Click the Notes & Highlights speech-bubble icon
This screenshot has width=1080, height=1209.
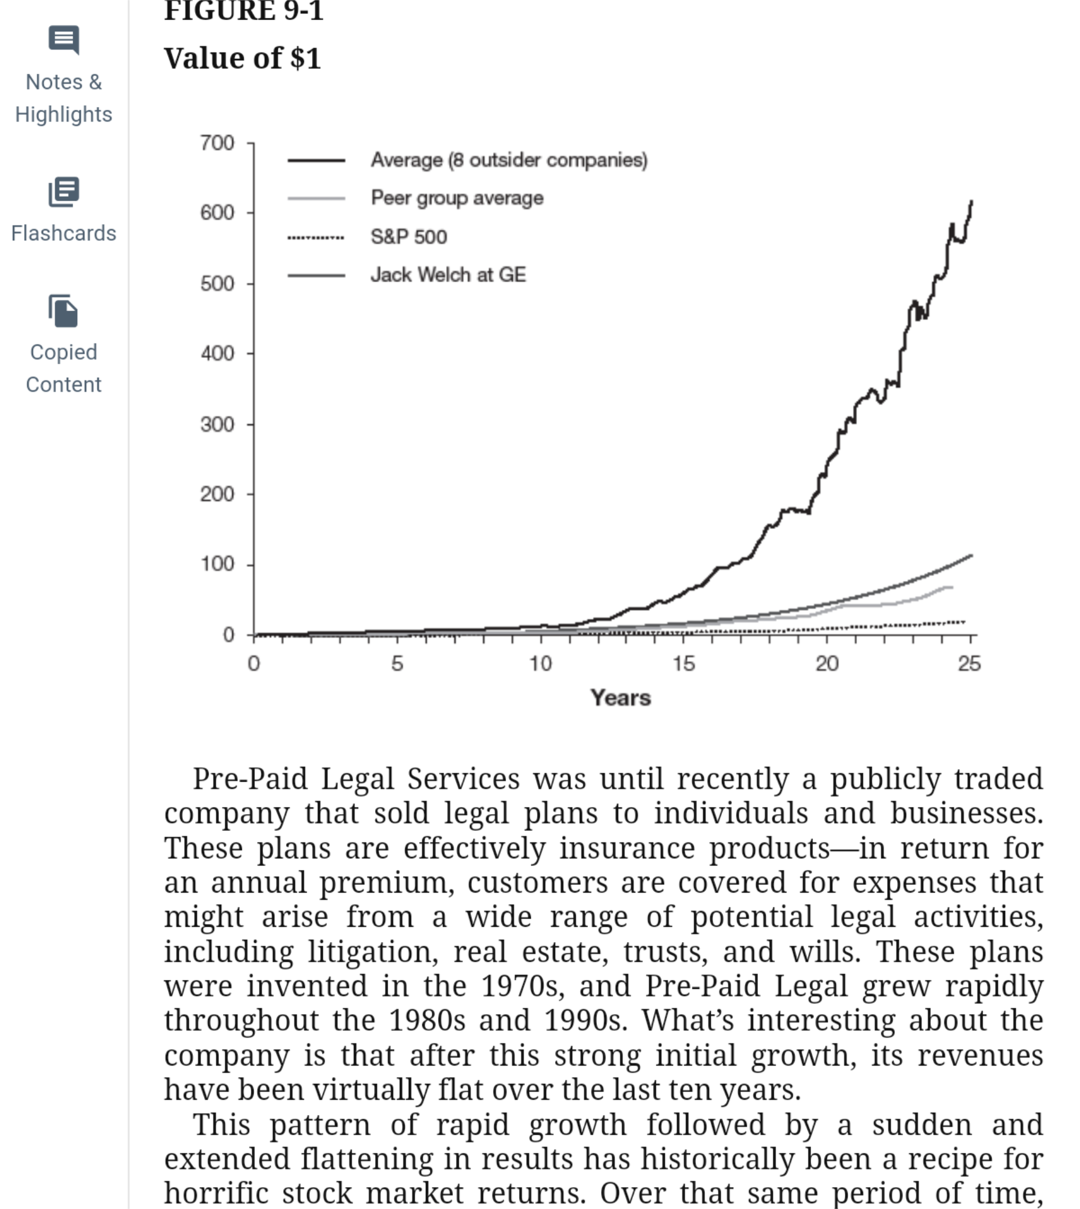point(64,40)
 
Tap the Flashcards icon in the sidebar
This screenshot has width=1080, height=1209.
point(64,192)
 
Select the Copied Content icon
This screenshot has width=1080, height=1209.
point(64,311)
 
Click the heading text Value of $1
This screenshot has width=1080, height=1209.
point(242,58)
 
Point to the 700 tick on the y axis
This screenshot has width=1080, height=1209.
point(217,143)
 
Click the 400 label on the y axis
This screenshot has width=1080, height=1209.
point(217,354)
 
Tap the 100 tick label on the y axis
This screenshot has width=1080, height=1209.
point(217,564)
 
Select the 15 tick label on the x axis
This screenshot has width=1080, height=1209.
point(684,664)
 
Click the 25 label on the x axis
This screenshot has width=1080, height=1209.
point(970,664)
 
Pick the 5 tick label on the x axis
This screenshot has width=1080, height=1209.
point(397,664)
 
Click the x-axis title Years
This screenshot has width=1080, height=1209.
point(621,698)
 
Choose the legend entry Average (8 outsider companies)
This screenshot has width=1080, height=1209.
point(509,160)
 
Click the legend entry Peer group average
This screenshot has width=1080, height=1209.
point(457,198)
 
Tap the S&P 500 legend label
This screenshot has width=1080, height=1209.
point(409,236)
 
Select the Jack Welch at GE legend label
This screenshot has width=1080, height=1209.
point(448,275)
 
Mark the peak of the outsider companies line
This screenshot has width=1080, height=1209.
point(971,202)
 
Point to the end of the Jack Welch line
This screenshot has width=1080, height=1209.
point(971,556)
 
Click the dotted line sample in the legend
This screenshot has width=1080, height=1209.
point(316,237)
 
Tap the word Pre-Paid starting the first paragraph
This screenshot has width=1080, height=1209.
point(250,779)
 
